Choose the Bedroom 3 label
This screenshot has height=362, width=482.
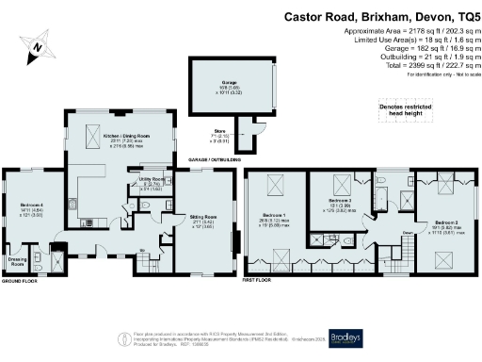click(x=341, y=201)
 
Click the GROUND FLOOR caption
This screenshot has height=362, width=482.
click(x=18, y=281)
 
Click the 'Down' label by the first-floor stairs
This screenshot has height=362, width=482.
click(x=382, y=232)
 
